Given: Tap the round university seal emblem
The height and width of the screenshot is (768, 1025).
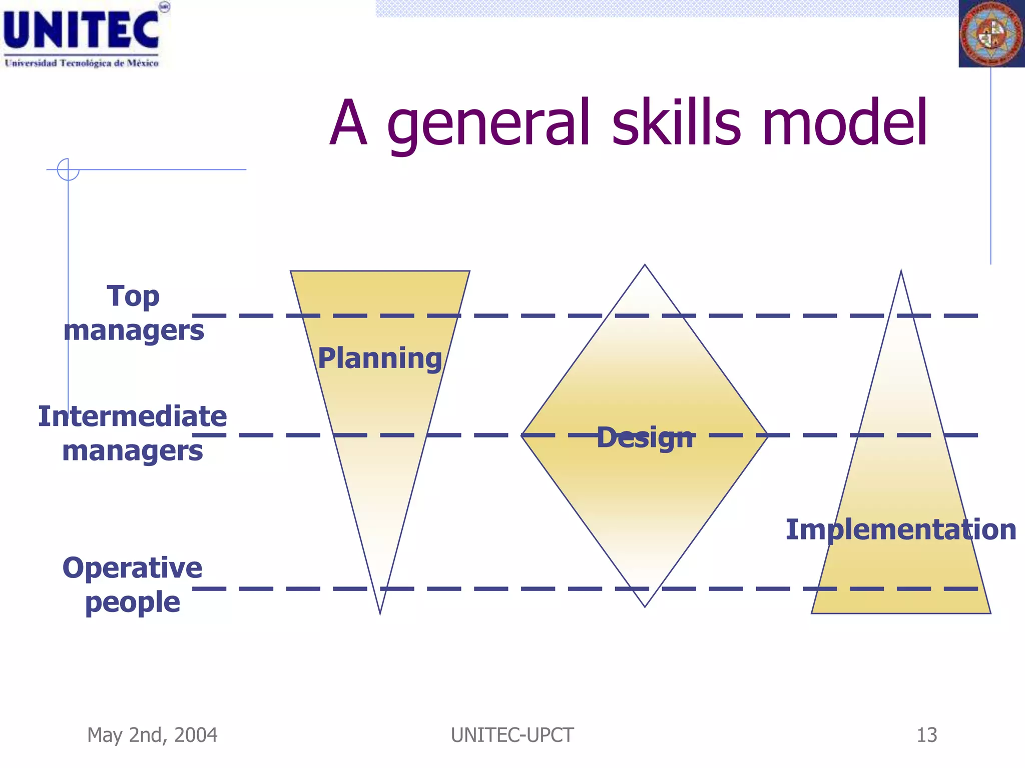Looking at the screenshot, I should (991, 34).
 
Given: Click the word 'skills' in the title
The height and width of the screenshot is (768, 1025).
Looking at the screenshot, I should (676, 123).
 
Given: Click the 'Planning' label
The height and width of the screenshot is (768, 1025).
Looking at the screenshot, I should (380, 358).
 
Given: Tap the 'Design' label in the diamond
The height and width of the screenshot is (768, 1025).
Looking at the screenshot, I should (646, 437).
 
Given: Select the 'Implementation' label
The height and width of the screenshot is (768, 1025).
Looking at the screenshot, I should (900, 529).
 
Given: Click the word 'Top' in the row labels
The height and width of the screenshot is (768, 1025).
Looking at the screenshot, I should (133, 296).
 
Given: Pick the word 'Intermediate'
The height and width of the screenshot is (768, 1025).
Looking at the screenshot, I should (133, 416).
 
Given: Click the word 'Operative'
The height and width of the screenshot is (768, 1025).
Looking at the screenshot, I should (133, 568).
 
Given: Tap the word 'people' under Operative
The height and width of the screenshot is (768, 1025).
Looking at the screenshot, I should (133, 602).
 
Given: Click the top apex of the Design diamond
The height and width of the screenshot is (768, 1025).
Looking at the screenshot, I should (645, 266).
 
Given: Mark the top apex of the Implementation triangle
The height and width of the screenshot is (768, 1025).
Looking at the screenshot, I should (901, 272).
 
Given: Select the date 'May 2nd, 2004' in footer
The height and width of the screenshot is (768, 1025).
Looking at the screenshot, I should (152, 735).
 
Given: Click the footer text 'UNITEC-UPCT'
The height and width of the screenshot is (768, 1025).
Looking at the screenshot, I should (512, 735).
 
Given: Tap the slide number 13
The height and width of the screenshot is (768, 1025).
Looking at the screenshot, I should (926, 735).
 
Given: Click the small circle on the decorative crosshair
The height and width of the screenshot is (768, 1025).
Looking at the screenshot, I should (68, 169).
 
